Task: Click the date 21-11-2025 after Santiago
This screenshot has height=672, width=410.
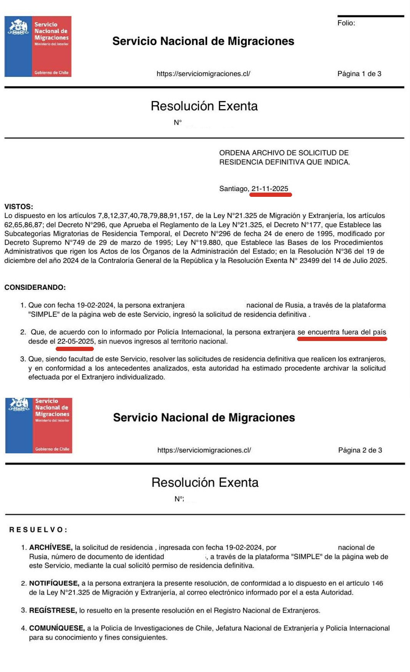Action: point(270,189)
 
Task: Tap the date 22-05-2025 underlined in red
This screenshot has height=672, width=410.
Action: point(75,341)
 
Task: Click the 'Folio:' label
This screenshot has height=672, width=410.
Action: point(346,23)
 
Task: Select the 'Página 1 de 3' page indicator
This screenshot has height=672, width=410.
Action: point(359,74)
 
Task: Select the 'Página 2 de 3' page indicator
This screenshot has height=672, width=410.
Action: point(360,450)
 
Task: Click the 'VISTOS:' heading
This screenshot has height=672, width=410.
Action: point(19,207)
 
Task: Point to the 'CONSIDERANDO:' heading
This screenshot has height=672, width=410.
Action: point(35,288)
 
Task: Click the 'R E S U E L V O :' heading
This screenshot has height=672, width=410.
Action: point(38,530)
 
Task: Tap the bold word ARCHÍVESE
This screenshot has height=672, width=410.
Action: point(50,547)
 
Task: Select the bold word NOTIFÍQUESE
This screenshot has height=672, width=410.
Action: point(54,583)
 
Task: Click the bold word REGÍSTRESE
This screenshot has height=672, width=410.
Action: point(53,610)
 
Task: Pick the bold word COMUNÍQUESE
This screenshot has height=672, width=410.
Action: point(56,628)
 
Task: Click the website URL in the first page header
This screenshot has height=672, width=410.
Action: point(203,74)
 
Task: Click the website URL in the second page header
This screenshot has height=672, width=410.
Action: point(204,450)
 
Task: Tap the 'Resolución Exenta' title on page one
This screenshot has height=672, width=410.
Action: point(204,106)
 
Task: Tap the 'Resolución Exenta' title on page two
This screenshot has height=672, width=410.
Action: point(205,482)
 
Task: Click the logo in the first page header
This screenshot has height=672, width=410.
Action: point(38,47)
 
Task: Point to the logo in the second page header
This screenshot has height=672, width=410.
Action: point(38,425)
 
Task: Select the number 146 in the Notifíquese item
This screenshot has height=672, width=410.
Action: point(377,583)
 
